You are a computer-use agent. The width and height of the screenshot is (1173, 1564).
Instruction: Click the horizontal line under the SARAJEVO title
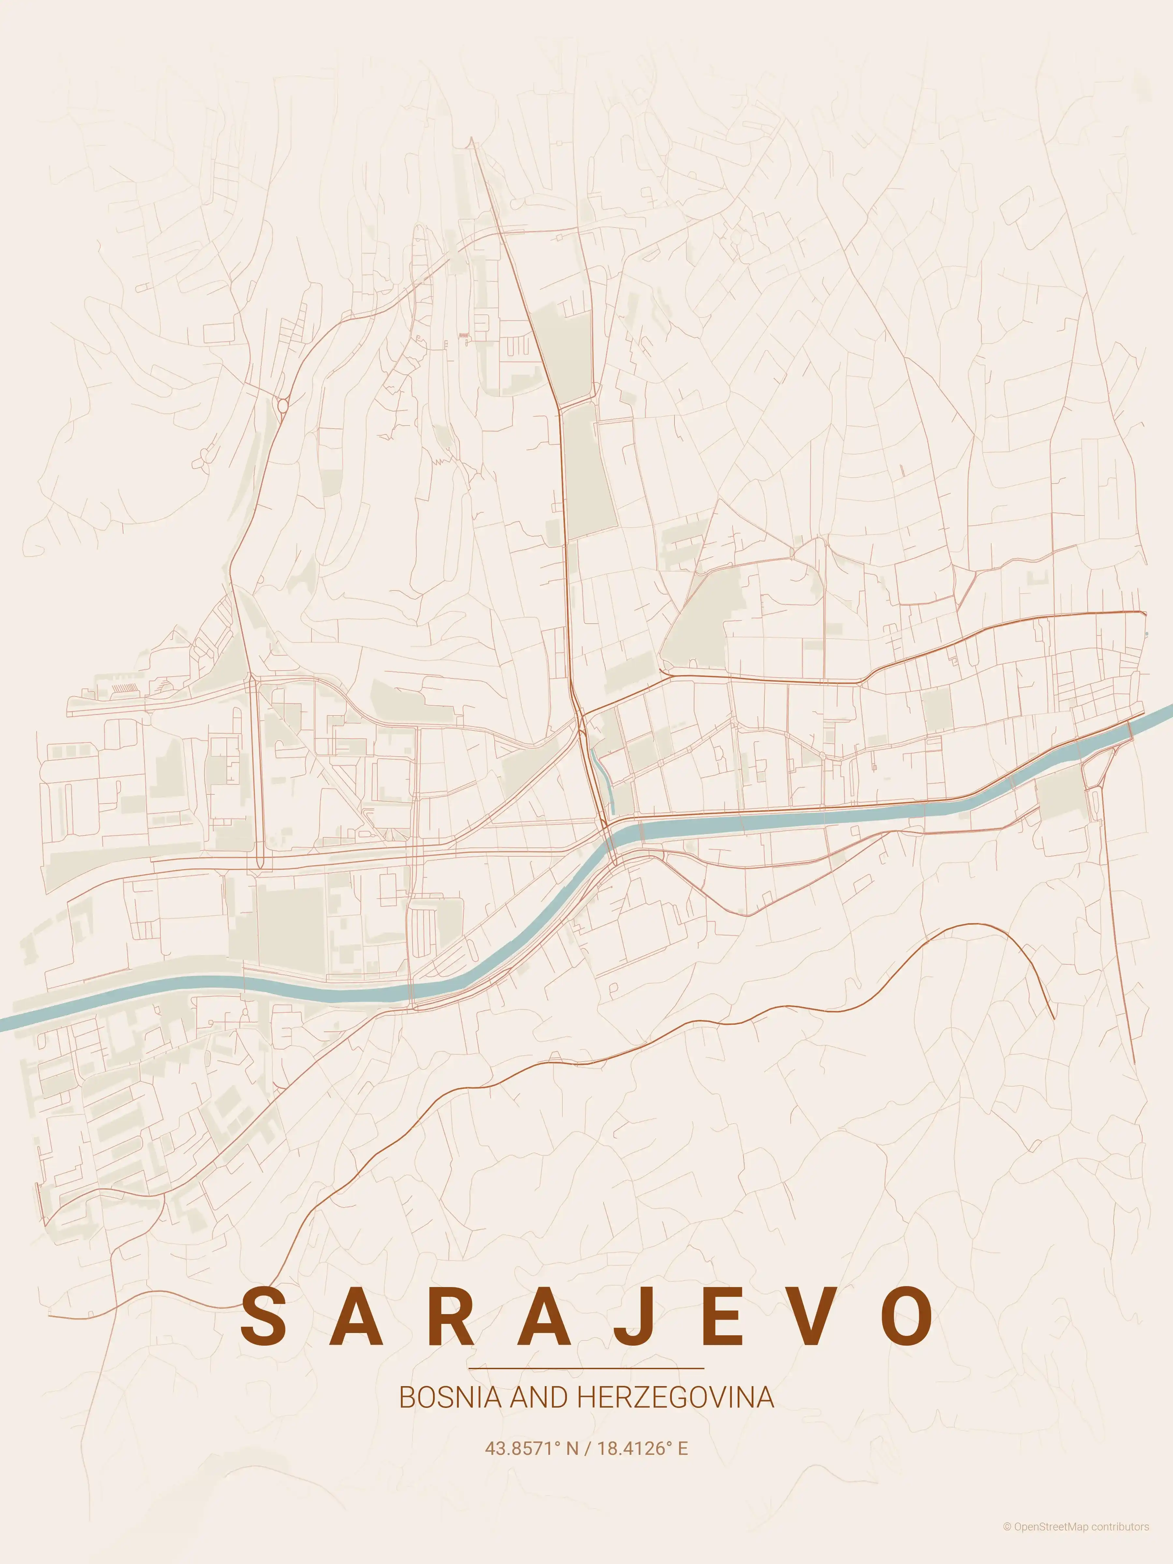coord(586,1368)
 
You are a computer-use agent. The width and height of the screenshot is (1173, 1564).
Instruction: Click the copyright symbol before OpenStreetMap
coord(1007,1541)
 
